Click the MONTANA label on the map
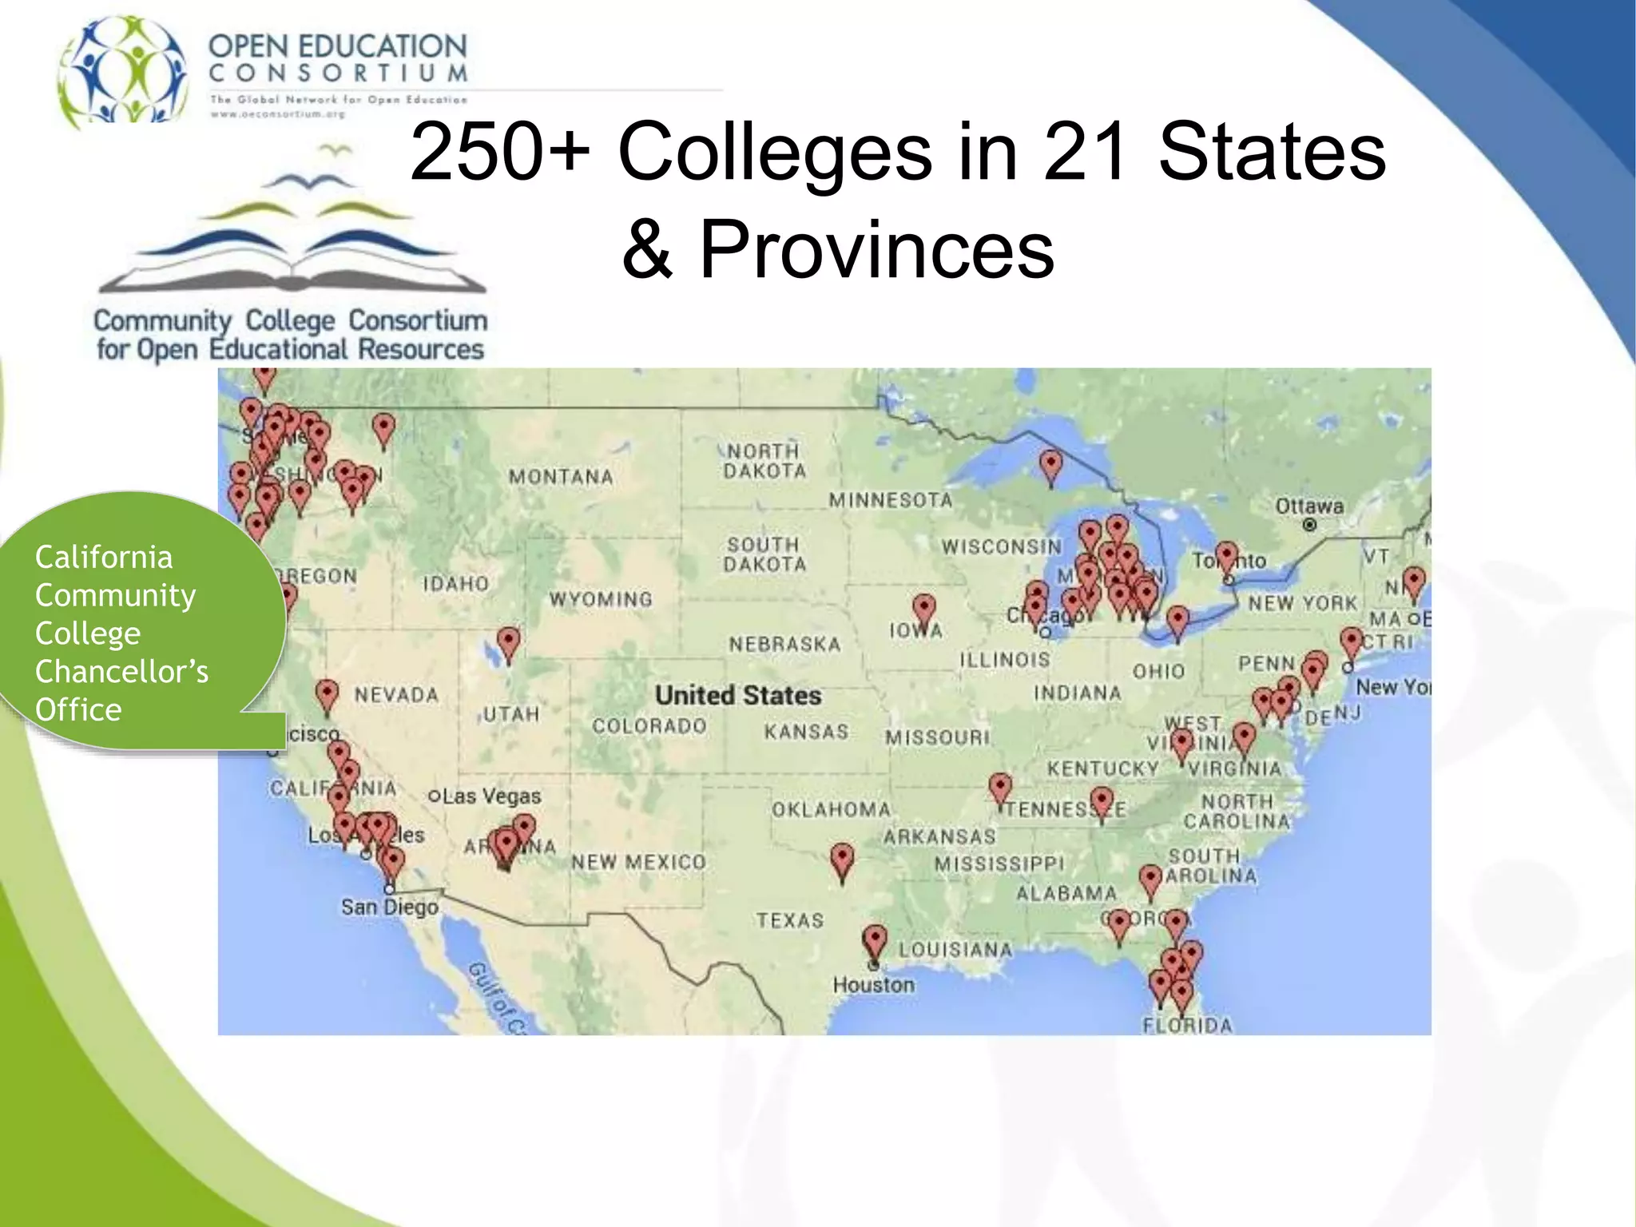(561, 477)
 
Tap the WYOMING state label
(601, 599)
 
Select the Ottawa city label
(1309, 506)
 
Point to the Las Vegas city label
(491, 796)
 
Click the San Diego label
(390, 907)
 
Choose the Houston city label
(873, 985)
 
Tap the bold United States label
(738, 696)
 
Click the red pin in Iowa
(924, 609)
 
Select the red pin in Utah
(508, 642)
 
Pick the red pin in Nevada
(327, 694)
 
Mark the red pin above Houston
(876, 940)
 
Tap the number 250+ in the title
(500, 151)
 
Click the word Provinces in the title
(876, 249)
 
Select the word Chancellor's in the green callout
(121, 672)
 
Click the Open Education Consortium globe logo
(123, 69)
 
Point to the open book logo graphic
(292, 232)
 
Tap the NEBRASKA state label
(784, 644)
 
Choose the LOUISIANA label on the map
(955, 950)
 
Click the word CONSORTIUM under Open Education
(338, 74)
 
